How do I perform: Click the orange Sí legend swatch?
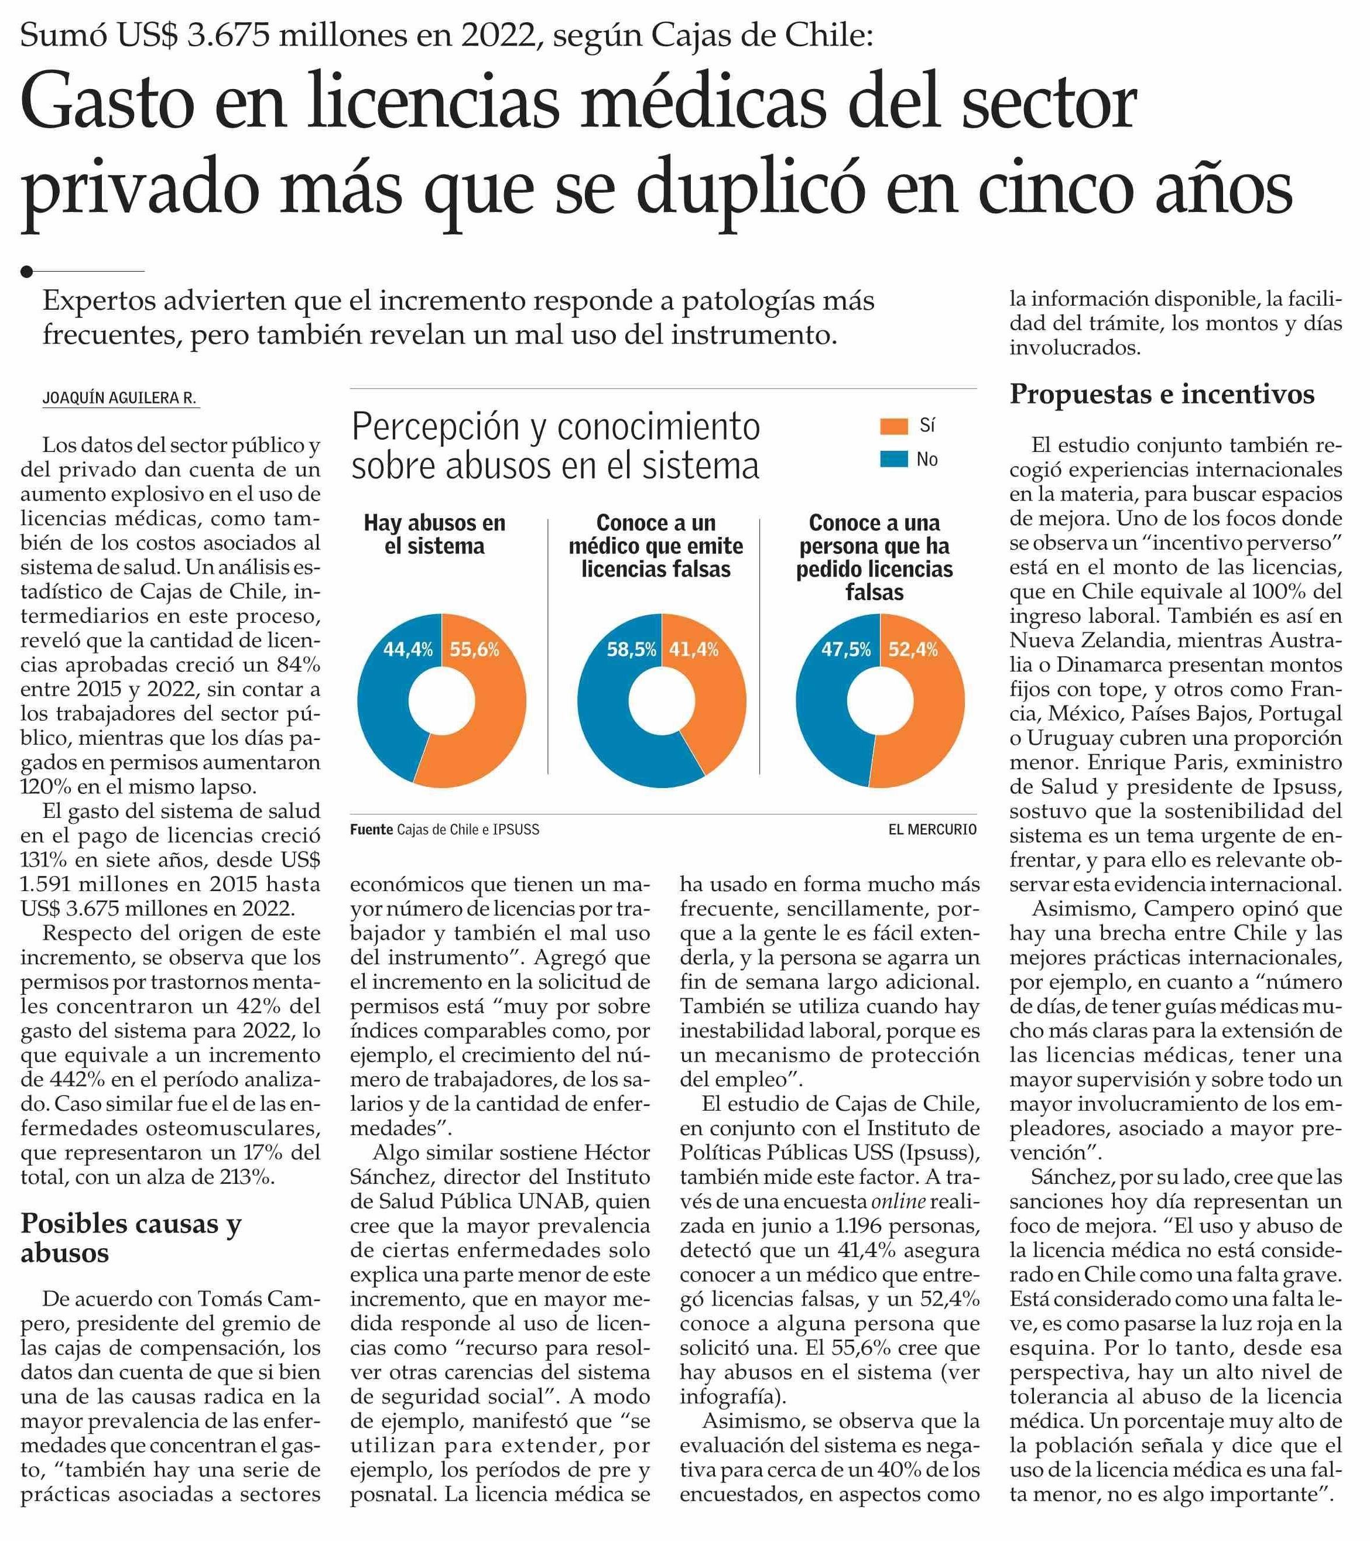coord(893,427)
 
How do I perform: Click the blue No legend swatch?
coord(893,459)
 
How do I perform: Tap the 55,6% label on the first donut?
coord(474,650)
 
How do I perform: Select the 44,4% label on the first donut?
coord(408,650)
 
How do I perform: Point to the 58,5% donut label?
coord(632,650)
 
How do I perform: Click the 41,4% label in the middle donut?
coord(694,650)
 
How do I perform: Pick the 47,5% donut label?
coord(846,650)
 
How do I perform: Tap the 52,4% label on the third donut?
coord(913,650)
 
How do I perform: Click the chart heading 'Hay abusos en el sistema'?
coord(434,535)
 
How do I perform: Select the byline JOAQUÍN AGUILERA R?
coord(120,398)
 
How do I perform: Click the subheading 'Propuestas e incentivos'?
coord(1162,394)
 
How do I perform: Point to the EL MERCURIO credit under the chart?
coord(932,830)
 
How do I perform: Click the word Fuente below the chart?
coord(372,830)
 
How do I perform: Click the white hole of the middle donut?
coord(661,700)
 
